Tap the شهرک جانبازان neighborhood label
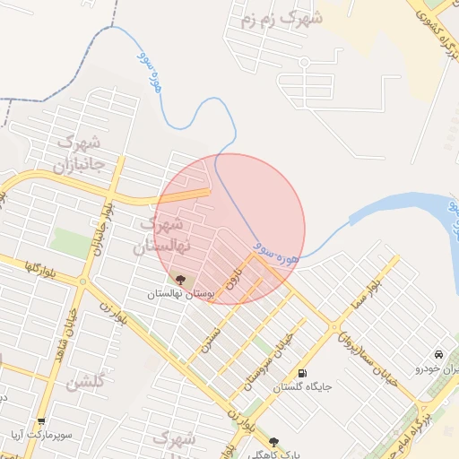click(x=80, y=152)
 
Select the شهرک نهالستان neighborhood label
click(x=158, y=234)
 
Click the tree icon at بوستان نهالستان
click(x=181, y=280)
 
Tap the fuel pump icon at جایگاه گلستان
click(x=301, y=374)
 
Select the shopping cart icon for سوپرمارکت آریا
click(x=41, y=420)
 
